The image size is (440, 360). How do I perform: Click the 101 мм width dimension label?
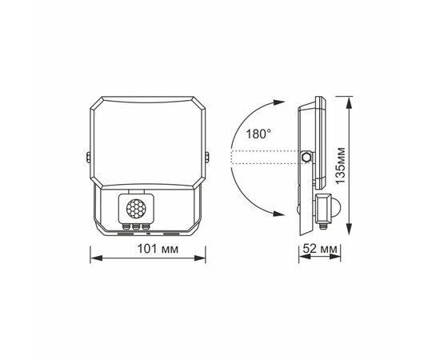[158, 249]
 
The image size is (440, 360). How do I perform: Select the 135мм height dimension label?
[341, 166]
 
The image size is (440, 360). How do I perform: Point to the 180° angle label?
[258, 134]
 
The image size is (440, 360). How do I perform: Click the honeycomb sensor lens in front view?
[136, 208]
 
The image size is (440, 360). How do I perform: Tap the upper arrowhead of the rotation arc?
[279, 102]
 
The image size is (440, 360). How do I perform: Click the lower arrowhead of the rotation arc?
[279, 214]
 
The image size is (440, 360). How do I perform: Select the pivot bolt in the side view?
[306, 157]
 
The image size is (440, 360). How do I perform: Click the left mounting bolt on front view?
[88, 157]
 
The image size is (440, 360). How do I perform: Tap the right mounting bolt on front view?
[207, 157]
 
